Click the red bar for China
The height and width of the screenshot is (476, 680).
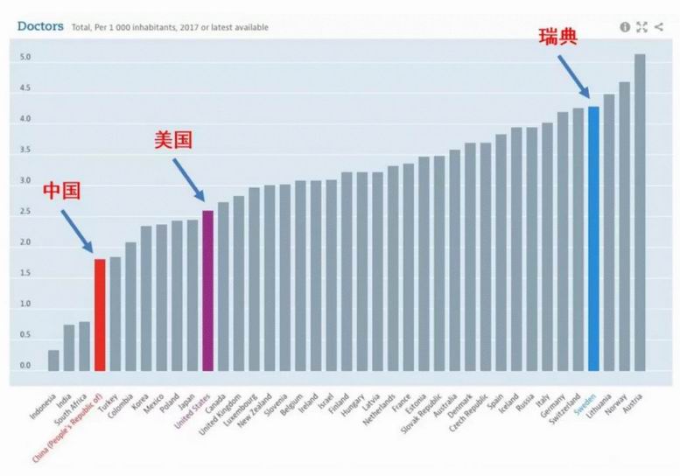coord(100,315)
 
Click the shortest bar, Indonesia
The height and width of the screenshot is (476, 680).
coord(53,360)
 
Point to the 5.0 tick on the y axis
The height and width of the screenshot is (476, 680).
coord(25,58)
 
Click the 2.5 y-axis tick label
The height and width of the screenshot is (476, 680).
coord(25,212)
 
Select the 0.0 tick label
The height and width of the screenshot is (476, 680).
coord(25,366)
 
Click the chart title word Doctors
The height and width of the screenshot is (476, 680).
coord(40,26)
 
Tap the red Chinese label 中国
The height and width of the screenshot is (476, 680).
coord(61,191)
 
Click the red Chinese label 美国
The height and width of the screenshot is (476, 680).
coord(172,140)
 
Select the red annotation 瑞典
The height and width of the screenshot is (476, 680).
coord(557,37)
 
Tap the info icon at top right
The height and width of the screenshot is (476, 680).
coord(625,27)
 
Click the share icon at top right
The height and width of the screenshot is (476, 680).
coord(658,27)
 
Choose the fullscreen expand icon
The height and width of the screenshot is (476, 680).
coord(641,27)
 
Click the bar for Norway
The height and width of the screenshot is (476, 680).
coord(624,227)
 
